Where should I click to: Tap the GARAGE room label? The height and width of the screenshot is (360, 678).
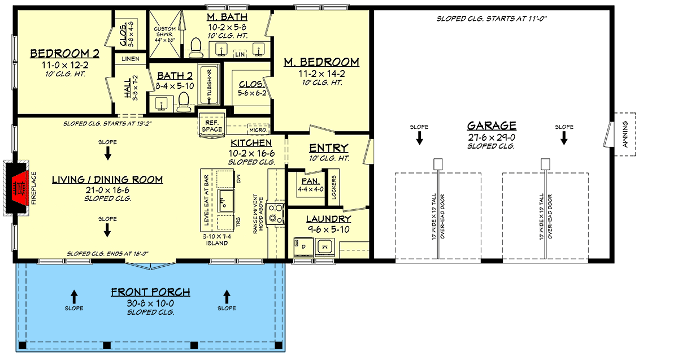click(x=491, y=125)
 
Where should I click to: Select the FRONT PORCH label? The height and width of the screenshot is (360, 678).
click(x=150, y=292)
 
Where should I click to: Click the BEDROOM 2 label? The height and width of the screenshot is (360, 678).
click(x=64, y=54)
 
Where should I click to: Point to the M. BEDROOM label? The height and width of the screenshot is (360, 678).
click(x=321, y=62)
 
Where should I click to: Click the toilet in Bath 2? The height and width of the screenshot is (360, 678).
click(x=183, y=102)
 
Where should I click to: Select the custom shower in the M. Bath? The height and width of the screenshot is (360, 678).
click(x=165, y=35)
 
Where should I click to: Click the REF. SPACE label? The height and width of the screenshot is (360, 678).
click(x=212, y=125)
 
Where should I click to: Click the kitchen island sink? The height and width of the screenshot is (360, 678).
click(x=227, y=199)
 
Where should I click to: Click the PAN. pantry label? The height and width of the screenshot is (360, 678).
click(x=310, y=181)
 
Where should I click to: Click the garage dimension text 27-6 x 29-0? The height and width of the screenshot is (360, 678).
click(x=491, y=136)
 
